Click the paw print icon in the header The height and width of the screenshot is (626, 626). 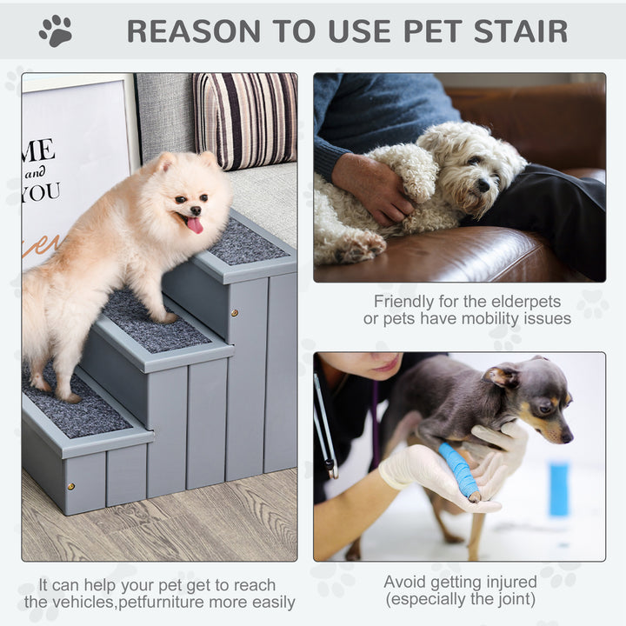56,31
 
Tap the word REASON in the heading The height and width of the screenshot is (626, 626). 192,31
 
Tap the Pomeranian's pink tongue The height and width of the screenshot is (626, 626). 195,225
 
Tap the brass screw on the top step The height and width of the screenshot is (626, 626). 233,310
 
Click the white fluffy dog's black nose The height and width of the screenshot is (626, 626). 482,185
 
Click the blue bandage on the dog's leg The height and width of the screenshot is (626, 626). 459,470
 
